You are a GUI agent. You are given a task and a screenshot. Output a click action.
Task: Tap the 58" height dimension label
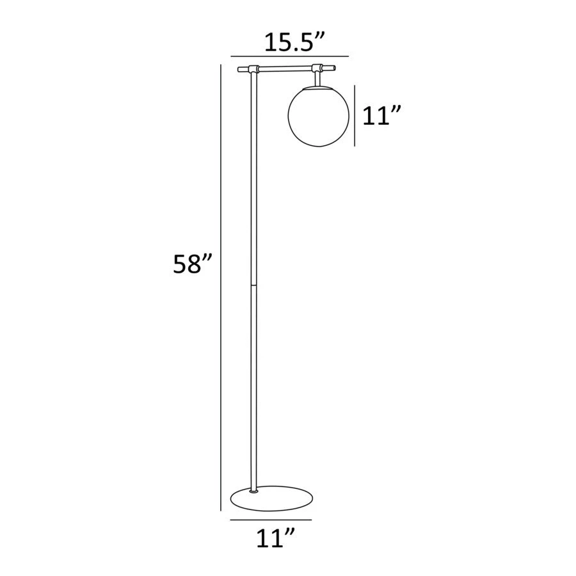pos(193,264)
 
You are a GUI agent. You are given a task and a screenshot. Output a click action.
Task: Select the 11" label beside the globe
pos(381,115)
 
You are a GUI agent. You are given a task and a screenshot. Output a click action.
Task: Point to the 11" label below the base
pos(275,538)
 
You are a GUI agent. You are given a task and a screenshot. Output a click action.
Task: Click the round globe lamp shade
pos(317,116)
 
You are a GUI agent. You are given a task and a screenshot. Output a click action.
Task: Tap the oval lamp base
pos(272,498)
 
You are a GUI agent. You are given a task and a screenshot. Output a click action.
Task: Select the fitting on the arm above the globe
pos(317,68)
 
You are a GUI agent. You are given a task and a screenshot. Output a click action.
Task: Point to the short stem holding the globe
pos(317,79)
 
